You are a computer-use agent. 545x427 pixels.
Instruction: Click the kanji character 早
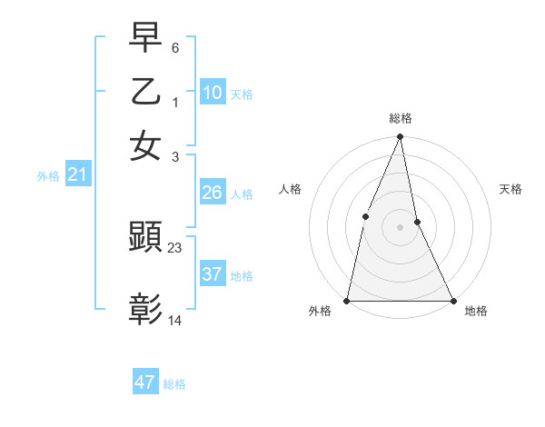(x=145, y=39)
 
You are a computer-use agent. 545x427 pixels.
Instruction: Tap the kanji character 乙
(x=145, y=93)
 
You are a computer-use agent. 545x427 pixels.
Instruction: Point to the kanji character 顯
(x=145, y=238)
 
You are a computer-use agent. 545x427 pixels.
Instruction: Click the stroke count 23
(x=175, y=246)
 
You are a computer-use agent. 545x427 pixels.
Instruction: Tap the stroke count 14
(x=175, y=320)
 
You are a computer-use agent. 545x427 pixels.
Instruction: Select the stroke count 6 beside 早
(x=175, y=47)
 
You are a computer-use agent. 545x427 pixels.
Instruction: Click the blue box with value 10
(x=213, y=93)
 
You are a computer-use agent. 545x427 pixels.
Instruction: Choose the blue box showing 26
(x=213, y=193)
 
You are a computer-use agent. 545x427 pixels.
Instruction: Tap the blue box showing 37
(x=213, y=274)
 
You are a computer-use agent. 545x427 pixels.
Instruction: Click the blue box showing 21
(x=77, y=174)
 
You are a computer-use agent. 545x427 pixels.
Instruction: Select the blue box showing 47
(x=145, y=382)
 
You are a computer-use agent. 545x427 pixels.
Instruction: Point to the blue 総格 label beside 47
(x=174, y=384)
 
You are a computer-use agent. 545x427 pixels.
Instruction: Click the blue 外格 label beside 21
(x=47, y=176)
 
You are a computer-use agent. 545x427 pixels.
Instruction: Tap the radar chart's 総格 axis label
(x=400, y=118)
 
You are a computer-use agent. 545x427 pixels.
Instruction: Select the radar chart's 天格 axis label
(x=510, y=189)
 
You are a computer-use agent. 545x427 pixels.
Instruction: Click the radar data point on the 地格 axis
(x=452, y=300)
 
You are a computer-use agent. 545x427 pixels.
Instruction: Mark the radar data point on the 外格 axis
(x=347, y=300)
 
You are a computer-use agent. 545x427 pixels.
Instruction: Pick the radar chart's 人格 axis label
(x=290, y=189)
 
